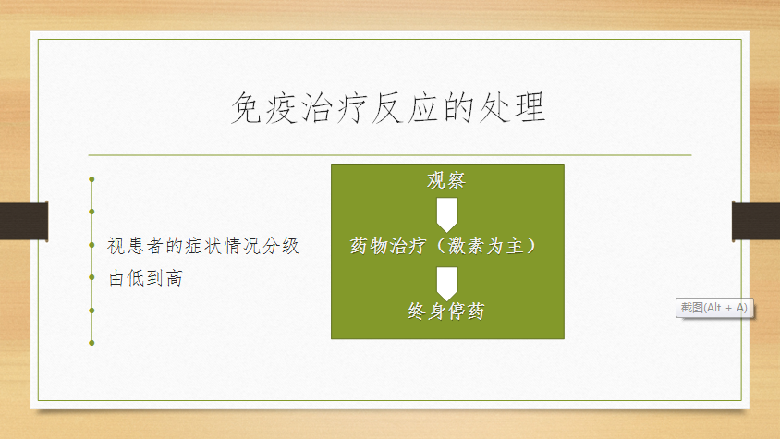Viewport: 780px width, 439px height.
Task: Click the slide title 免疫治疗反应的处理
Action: point(388,107)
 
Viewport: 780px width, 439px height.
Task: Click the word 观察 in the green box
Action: point(446,180)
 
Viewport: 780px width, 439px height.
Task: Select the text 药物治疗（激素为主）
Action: point(444,246)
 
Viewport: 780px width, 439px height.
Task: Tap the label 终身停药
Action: point(446,311)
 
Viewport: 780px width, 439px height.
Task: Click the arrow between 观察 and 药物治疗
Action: point(446,215)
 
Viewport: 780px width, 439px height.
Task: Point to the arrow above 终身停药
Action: point(446,284)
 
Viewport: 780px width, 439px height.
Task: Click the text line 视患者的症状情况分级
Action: point(203,246)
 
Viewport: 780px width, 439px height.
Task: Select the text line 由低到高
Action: point(145,278)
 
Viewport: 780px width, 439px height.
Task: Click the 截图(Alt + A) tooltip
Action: point(714,308)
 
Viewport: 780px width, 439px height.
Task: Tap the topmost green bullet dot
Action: point(91,179)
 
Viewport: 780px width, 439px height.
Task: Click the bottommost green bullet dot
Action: point(91,343)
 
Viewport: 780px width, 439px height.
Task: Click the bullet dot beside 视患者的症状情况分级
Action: point(91,245)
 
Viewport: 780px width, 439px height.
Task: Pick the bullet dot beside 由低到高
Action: point(91,277)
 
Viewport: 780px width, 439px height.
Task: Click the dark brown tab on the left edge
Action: point(24,221)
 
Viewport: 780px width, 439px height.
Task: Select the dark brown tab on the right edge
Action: point(756,221)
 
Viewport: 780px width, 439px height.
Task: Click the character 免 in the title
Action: point(247,107)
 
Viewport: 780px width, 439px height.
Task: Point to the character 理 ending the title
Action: point(530,107)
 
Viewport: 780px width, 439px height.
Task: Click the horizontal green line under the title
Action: point(390,155)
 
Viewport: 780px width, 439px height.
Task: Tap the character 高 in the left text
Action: point(175,278)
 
